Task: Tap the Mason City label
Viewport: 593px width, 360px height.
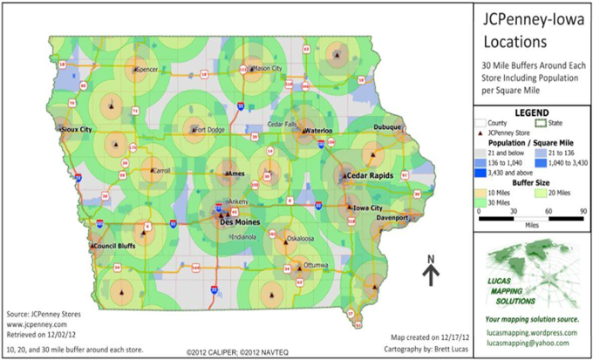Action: [x=268, y=68]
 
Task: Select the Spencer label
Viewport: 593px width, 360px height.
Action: [x=147, y=68]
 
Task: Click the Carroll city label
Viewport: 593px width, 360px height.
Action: [x=160, y=171]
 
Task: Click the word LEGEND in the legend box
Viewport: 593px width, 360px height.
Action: [x=531, y=113]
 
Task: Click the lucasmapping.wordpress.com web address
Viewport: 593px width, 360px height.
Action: [x=532, y=332]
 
